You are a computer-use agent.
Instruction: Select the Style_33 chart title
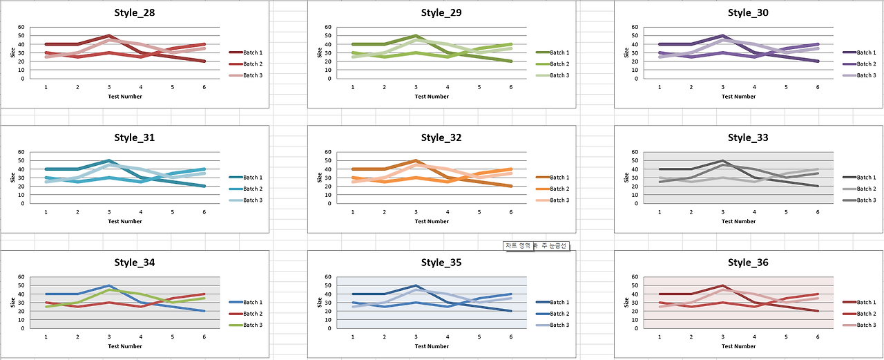coord(748,138)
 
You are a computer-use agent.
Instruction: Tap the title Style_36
coord(748,263)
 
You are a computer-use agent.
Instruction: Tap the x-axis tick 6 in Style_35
coord(511,337)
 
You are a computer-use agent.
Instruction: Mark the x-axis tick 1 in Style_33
coord(660,211)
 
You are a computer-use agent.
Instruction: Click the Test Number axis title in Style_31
coord(125,222)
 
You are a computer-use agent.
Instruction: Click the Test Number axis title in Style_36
coord(739,346)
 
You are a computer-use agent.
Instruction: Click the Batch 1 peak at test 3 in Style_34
coord(109,285)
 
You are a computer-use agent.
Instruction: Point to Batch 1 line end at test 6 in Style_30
coord(818,61)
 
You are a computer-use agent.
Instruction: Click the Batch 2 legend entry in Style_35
coord(559,314)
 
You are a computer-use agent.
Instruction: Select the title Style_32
coord(441,138)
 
